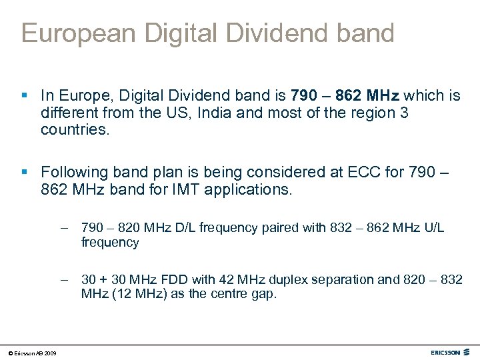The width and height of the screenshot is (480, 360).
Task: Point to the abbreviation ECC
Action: (x=364, y=173)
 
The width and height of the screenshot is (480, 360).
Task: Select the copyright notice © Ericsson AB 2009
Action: (x=33, y=353)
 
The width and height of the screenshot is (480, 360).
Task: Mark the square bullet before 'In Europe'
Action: (x=25, y=96)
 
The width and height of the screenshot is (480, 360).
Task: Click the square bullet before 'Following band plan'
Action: (x=25, y=173)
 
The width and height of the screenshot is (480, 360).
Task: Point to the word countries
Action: (x=74, y=129)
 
